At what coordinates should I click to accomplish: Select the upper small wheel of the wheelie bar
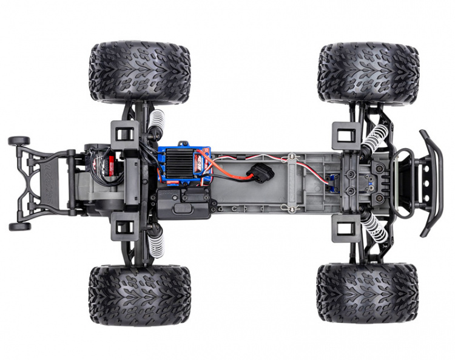click(19, 141)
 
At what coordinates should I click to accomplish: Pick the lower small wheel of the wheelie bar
click(19, 226)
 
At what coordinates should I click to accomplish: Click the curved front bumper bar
click(431, 183)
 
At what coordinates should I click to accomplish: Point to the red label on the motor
click(110, 163)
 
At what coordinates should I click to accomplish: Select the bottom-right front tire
click(367, 293)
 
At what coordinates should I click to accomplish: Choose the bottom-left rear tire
click(139, 294)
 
